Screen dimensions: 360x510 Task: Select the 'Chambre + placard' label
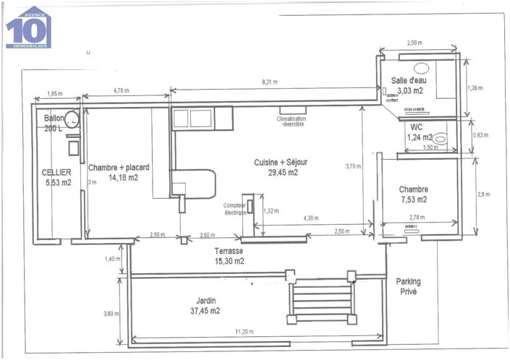pos(119,167)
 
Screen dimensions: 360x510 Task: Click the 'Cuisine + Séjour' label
pos(276,163)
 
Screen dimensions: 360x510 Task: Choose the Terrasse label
pos(229,252)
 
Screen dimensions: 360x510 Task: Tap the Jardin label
pos(206,301)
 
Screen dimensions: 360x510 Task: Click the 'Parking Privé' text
pos(408,286)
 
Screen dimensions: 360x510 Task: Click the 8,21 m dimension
pos(270,83)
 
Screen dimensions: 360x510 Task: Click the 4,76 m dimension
pos(122,90)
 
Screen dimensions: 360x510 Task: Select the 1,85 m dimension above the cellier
pos(54,94)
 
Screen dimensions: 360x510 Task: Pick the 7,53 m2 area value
pos(413,200)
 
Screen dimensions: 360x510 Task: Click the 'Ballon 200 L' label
pos(54,123)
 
